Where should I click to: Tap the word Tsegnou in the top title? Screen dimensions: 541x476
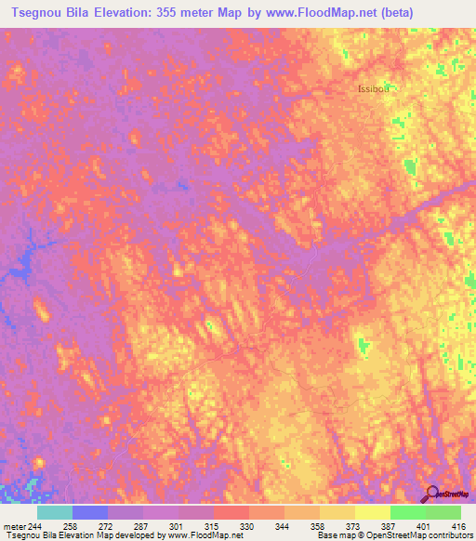pos(39,12)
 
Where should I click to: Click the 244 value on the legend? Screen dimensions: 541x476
pos(36,526)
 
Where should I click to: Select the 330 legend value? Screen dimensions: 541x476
pos(245,526)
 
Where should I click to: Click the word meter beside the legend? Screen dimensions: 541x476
pos(15,526)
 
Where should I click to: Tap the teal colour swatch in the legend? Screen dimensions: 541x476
pos(55,512)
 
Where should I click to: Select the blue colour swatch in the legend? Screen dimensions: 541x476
pos(90,512)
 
